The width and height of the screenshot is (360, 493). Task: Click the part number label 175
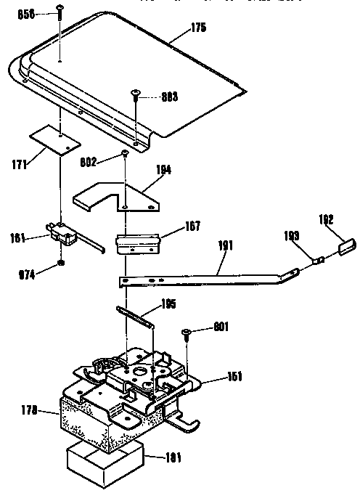[x=198, y=28]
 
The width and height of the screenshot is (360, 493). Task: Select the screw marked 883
[x=135, y=94]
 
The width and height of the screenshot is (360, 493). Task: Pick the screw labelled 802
[x=126, y=154]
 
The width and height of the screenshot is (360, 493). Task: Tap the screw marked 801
[x=187, y=333]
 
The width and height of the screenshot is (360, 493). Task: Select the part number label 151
[x=234, y=376]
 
